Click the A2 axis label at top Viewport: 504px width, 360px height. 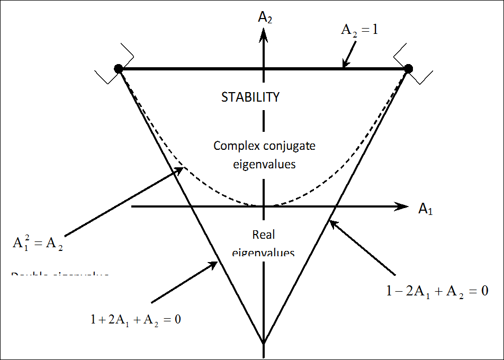(x=265, y=17)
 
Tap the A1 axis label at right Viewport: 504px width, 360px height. (x=426, y=209)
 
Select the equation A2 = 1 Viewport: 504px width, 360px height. (x=359, y=31)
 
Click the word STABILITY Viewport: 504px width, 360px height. (x=250, y=97)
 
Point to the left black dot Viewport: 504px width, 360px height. (x=119, y=68)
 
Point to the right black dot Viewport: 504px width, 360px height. (x=408, y=68)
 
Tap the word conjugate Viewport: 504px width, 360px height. (x=289, y=146)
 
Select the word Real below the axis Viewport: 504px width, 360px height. (x=264, y=235)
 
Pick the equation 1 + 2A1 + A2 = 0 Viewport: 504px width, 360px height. (x=136, y=320)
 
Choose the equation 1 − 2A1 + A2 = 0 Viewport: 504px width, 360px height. (x=437, y=290)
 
